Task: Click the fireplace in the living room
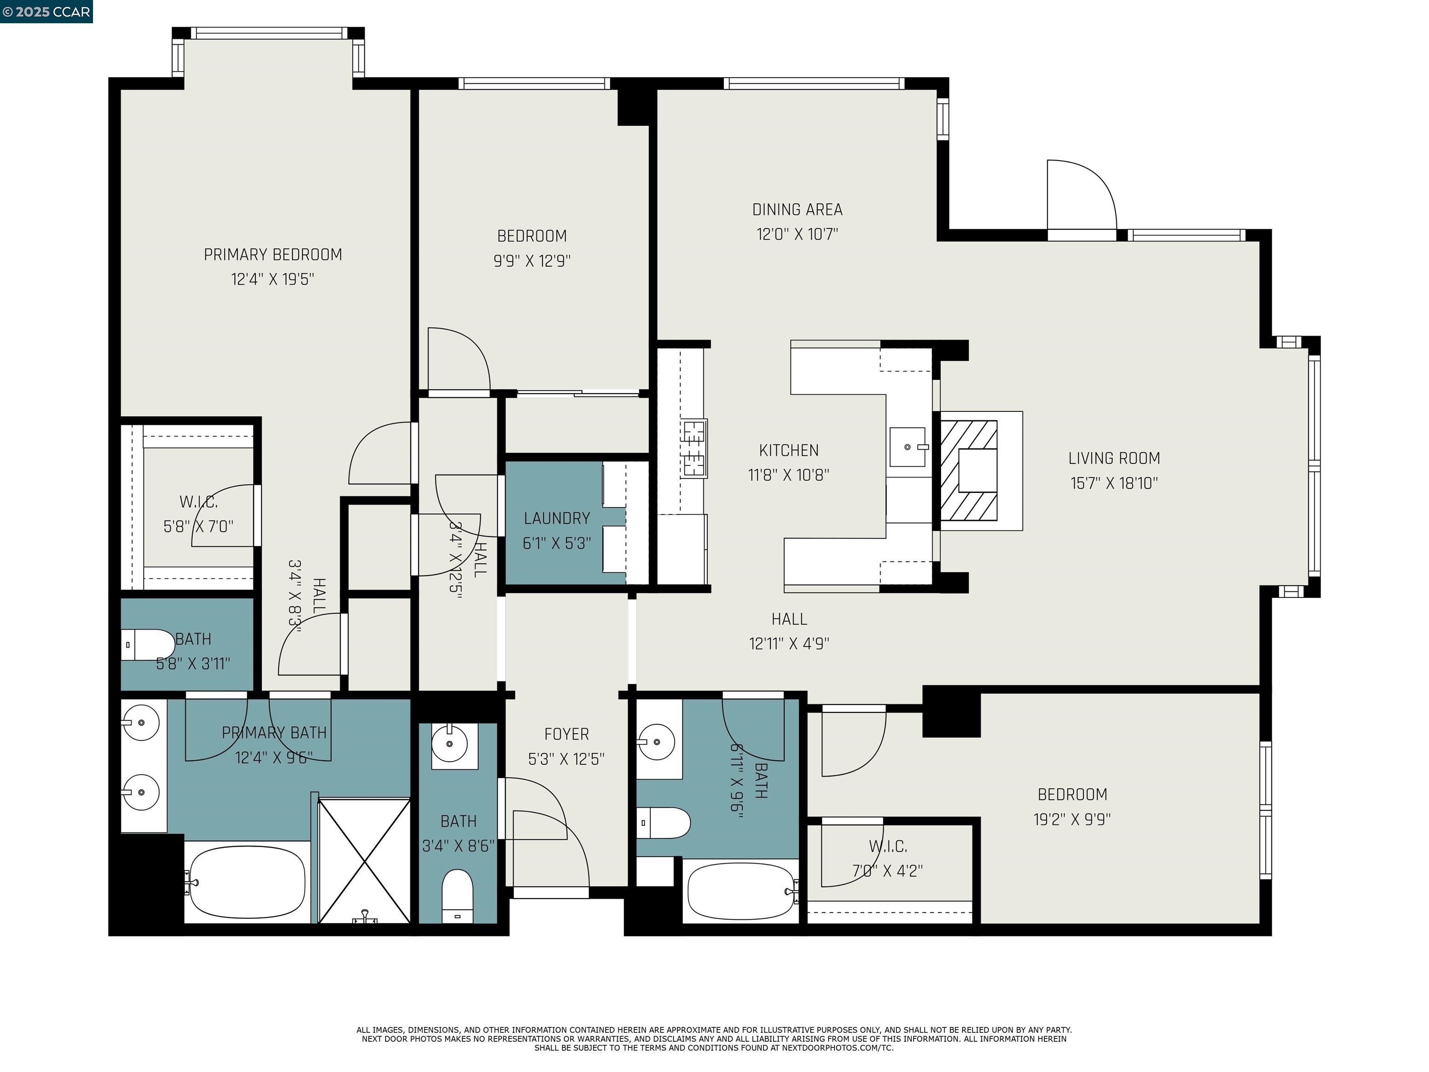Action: tap(968, 470)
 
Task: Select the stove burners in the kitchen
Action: tap(694, 448)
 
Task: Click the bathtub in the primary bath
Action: tap(247, 883)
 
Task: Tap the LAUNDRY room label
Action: tap(556, 518)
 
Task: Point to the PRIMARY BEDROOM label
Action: tap(273, 255)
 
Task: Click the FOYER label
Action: tap(566, 734)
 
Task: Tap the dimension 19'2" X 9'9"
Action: tap(1072, 819)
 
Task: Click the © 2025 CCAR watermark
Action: tap(46, 12)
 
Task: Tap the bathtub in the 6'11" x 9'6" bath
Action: tap(741, 892)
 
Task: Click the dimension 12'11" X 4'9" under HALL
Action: tap(789, 643)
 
